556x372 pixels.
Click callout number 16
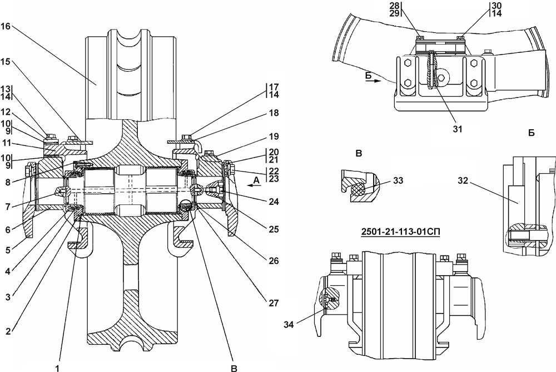pos(6,26)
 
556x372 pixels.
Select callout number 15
pos(6,62)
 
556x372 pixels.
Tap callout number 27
pos(274,303)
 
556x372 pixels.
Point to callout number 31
pos(458,129)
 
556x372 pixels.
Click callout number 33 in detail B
pos(398,180)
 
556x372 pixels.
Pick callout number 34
pos(289,325)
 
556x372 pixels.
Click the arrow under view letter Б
pos(373,81)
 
